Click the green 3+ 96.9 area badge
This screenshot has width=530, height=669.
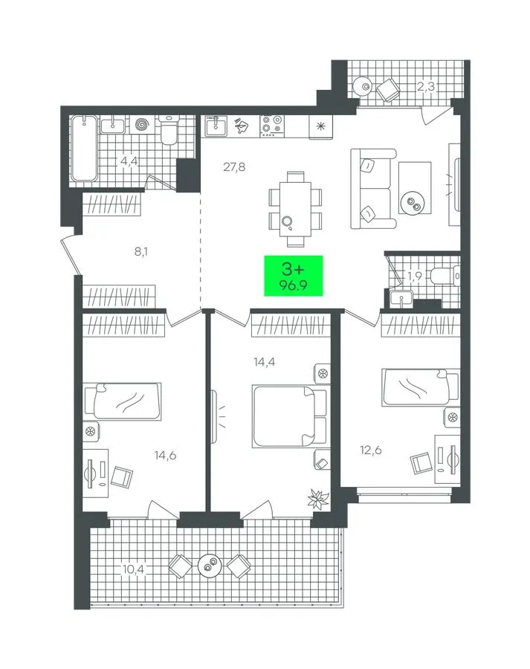tap(293, 276)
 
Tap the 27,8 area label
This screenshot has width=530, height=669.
tap(234, 167)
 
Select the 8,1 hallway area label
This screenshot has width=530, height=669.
tap(141, 252)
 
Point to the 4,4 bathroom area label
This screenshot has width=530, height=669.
tap(129, 161)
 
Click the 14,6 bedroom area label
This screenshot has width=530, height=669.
tap(165, 456)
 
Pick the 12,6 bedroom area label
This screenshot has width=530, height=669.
tap(371, 450)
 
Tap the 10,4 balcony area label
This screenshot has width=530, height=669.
tap(134, 569)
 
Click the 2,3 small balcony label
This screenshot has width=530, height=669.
tap(425, 87)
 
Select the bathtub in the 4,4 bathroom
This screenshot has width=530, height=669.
tap(84, 148)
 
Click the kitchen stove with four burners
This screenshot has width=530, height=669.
tap(272, 126)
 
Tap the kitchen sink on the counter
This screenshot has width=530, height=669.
tap(216, 126)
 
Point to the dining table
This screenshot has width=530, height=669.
tap(295, 209)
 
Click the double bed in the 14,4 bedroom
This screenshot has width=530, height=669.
tap(289, 416)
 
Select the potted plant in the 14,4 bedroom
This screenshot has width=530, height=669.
tap(318, 498)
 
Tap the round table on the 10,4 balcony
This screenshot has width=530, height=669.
tap(210, 566)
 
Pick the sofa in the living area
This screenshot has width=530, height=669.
tap(372, 188)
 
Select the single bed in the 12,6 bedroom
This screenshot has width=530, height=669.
tap(421, 387)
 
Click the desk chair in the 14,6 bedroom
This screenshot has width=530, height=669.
tap(122, 476)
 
